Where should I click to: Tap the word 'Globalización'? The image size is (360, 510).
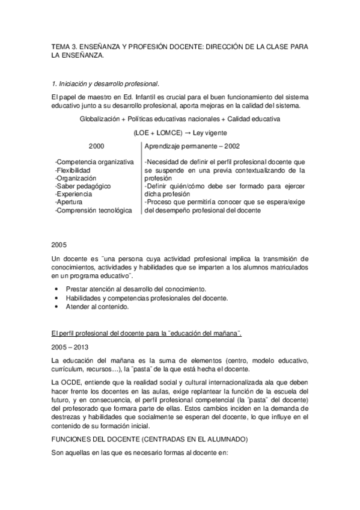(101, 119)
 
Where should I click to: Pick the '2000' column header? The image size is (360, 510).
(96, 146)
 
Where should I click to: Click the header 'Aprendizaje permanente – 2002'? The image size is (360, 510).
(192, 146)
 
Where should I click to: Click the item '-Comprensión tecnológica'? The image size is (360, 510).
(93, 210)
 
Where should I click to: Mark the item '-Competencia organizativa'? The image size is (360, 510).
(94, 162)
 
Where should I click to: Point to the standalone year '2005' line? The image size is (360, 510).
(59, 245)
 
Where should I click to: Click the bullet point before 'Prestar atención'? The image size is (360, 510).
(56, 289)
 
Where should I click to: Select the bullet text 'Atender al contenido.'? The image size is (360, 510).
(97, 306)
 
